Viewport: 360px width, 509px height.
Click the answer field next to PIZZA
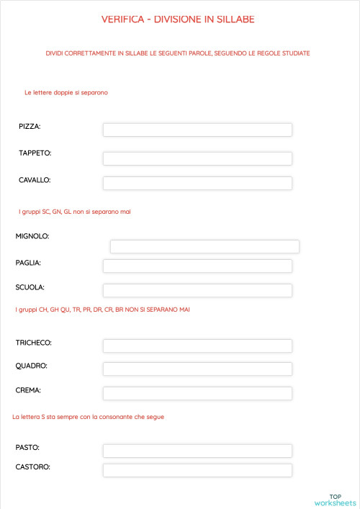[x=197, y=130]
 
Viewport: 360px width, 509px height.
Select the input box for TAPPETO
[x=197, y=158]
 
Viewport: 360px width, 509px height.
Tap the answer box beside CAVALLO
[x=197, y=183]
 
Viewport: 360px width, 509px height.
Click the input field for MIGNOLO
[x=204, y=246]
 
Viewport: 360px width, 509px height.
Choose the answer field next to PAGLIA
[x=197, y=266]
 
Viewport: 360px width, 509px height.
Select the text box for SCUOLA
[x=197, y=290]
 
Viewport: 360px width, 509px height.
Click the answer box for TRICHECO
[x=197, y=346]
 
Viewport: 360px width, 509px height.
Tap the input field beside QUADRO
[x=197, y=369]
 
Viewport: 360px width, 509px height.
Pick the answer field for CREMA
[x=197, y=393]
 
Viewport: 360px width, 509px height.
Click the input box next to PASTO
[x=197, y=451]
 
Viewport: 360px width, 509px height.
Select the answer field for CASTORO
[x=197, y=470]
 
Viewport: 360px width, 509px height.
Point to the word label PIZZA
[x=30, y=127]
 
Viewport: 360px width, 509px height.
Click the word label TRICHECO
[x=33, y=343]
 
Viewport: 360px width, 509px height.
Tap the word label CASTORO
[x=33, y=467]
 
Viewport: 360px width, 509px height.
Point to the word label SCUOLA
[x=30, y=287]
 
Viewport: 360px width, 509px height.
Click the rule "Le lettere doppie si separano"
[x=66, y=93]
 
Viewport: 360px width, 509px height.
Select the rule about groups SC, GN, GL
[x=74, y=212]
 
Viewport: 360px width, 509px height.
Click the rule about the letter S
[x=88, y=417]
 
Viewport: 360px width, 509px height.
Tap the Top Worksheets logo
[x=335, y=500]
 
